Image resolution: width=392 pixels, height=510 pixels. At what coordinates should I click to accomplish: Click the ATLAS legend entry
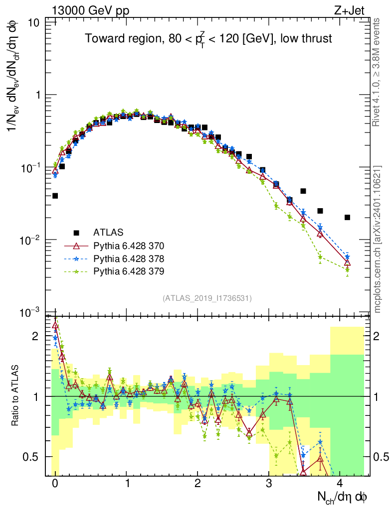(108, 232)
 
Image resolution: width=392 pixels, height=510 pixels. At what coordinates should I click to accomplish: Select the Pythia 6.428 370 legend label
(129, 246)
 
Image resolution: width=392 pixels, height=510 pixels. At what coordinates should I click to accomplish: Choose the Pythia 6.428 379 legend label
(129, 271)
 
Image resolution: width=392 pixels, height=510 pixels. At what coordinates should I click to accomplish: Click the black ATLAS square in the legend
(76, 232)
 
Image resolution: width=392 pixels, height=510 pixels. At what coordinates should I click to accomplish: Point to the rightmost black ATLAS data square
(347, 217)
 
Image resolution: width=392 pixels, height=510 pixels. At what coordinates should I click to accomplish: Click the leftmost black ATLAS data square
(55, 196)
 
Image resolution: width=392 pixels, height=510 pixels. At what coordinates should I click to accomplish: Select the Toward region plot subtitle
(208, 39)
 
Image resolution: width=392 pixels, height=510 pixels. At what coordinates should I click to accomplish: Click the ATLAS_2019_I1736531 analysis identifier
(207, 298)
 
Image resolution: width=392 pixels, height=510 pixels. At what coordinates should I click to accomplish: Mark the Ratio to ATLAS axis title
(17, 396)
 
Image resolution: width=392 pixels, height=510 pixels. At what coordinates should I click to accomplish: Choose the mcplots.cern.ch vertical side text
(378, 239)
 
